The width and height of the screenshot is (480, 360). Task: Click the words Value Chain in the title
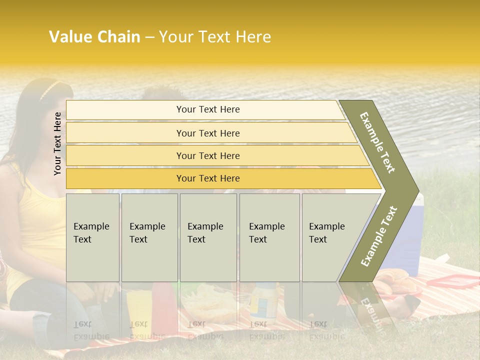click(94, 37)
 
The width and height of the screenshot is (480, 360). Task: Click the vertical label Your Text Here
click(57, 143)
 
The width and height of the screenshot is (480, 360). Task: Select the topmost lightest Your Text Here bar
click(208, 109)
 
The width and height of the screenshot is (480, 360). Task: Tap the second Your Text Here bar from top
click(208, 133)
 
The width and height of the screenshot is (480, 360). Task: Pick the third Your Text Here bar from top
click(208, 155)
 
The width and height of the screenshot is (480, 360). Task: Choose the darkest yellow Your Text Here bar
click(208, 178)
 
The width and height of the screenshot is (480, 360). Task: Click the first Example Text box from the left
click(92, 237)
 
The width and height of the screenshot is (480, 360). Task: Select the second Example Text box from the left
click(149, 237)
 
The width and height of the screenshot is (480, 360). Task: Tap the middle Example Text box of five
click(208, 237)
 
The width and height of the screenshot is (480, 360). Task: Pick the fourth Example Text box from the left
click(269, 237)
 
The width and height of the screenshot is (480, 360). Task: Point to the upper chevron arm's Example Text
click(378, 142)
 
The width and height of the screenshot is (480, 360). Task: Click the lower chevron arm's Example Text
click(379, 236)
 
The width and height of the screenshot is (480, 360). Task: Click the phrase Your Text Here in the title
click(215, 37)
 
